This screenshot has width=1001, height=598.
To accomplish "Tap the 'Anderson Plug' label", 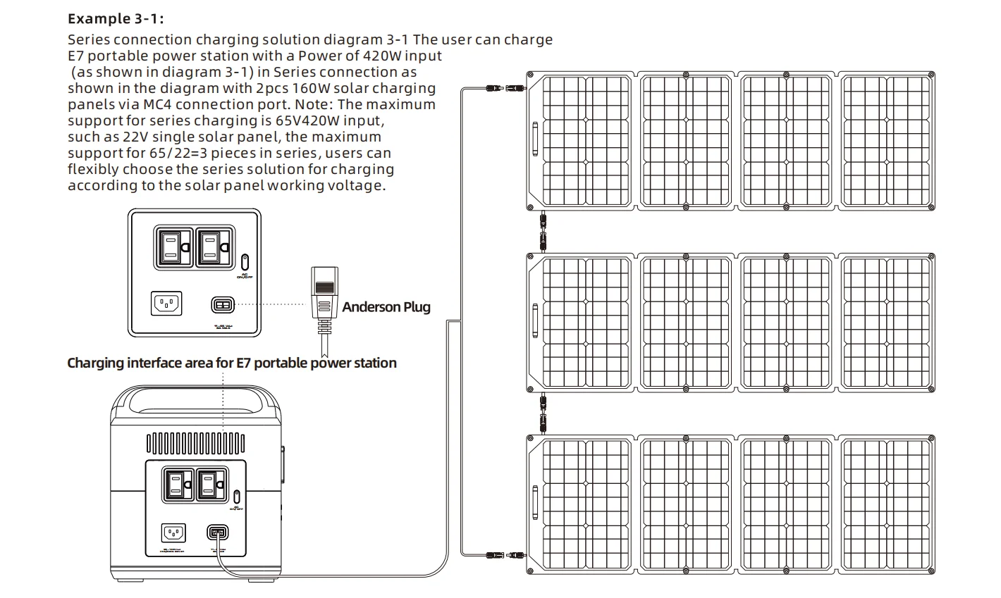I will point(386,307).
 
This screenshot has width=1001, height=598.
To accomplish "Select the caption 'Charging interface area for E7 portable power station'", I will point(231,363).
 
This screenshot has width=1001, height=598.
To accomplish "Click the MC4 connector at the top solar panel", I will point(503,88).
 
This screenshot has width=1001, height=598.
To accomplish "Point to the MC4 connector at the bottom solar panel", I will point(503,556).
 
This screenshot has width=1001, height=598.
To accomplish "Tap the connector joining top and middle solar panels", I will point(542,231).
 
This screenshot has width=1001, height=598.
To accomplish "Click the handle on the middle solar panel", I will point(536,321).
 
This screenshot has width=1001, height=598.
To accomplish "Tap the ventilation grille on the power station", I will point(195,443).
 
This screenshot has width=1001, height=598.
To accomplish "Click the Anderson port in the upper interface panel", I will point(222,305).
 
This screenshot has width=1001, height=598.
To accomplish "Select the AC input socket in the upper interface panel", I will point(166,304).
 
